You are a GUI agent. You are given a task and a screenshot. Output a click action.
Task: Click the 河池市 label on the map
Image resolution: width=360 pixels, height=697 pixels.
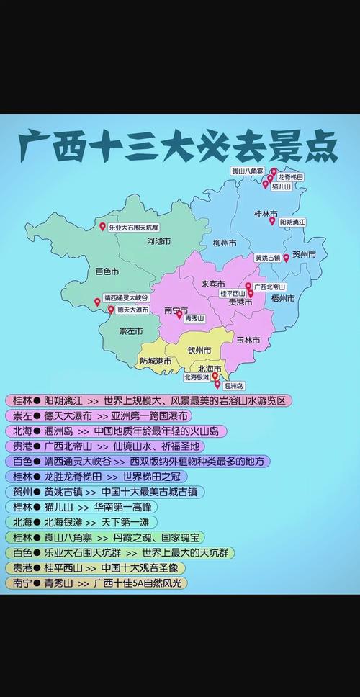pyautogui.click(x=158, y=240)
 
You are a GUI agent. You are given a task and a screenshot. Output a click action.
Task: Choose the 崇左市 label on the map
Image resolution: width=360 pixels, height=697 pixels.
pyautogui.click(x=130, y=331)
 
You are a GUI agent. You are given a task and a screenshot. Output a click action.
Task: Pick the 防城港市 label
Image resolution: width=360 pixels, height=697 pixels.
pyautogui.click(x=156, y=360)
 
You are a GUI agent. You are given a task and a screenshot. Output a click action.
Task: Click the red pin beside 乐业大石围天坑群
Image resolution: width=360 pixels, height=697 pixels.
pyautogui.click(x=102, y=227)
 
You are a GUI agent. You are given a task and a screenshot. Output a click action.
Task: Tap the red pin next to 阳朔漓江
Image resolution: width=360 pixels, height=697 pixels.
pyautogui.click(x=272, y=221)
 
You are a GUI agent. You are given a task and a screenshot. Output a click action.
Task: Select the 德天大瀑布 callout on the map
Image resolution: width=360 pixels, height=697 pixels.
pyautogui.click(x=132, y=310)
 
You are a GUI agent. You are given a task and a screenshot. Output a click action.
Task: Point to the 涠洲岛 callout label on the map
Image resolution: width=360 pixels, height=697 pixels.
pyautogui.click(x=233, y=386)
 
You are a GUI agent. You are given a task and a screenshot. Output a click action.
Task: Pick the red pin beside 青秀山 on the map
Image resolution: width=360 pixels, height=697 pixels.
pyautogui.click(x=179, y=314)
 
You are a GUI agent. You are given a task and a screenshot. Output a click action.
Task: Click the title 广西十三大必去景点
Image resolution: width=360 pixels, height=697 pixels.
pyautogui.click(x=179, y=146)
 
